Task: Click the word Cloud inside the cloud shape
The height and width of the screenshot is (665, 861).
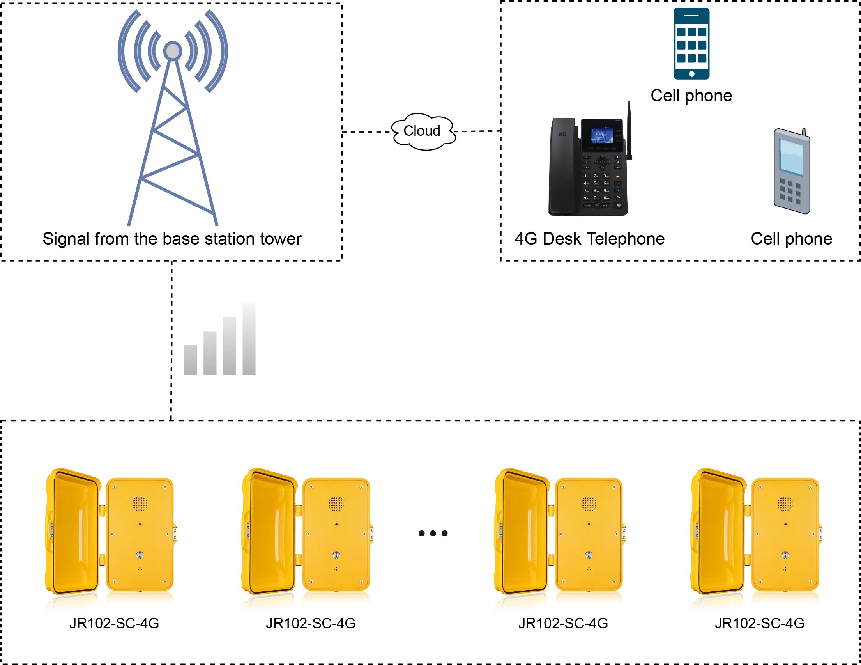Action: (421, 131)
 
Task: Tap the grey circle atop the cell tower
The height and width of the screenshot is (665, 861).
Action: (173, 51)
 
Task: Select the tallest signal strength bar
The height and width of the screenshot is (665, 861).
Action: (248, 340)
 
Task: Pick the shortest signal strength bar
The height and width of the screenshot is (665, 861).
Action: (192, 360)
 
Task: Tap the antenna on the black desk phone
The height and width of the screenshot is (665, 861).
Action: (629, 130)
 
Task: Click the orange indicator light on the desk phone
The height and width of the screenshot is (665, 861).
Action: (618, 176)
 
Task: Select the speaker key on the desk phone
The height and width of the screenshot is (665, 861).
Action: (618, 205)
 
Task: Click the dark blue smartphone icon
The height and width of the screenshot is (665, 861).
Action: (692, 43)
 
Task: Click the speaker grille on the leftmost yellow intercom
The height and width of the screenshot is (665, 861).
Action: (140, 504)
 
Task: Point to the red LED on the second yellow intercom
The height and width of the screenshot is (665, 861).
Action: (336, 524)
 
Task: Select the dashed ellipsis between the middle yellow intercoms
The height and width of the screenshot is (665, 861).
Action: (433, 534)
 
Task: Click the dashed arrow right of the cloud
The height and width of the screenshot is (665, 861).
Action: (477, 131)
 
